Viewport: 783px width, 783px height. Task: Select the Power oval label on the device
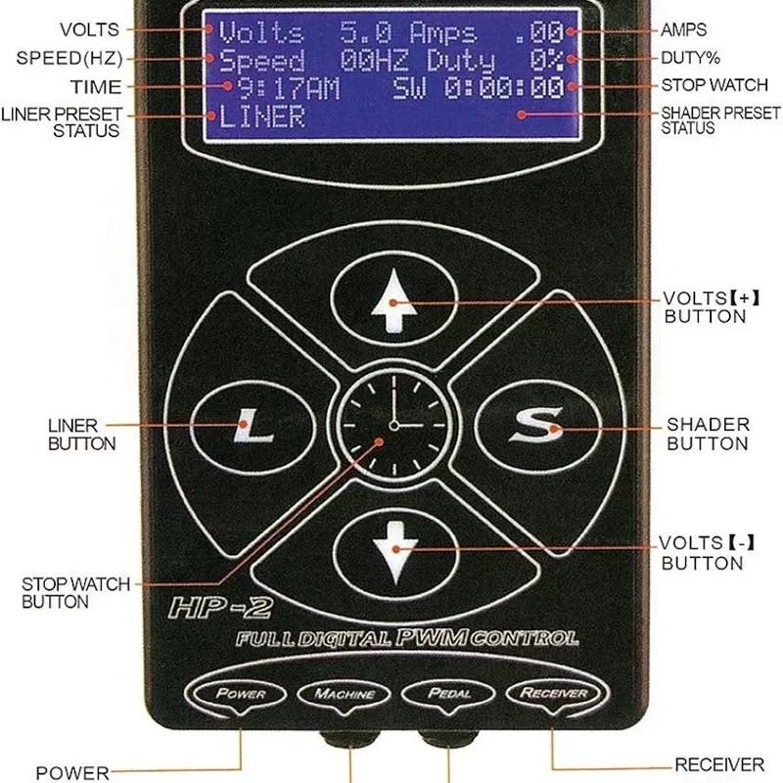tap(242, 694)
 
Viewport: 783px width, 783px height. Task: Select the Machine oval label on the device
tap(345, 694)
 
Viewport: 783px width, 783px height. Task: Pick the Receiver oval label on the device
tap(554, 694)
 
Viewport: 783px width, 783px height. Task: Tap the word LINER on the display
tap(261, 118)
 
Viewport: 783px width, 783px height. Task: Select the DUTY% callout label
tap(697, 59)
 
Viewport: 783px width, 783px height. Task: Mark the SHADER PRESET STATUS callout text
tap(719, 120)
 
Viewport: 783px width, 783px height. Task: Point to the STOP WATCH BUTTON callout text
tap(75, 593)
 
